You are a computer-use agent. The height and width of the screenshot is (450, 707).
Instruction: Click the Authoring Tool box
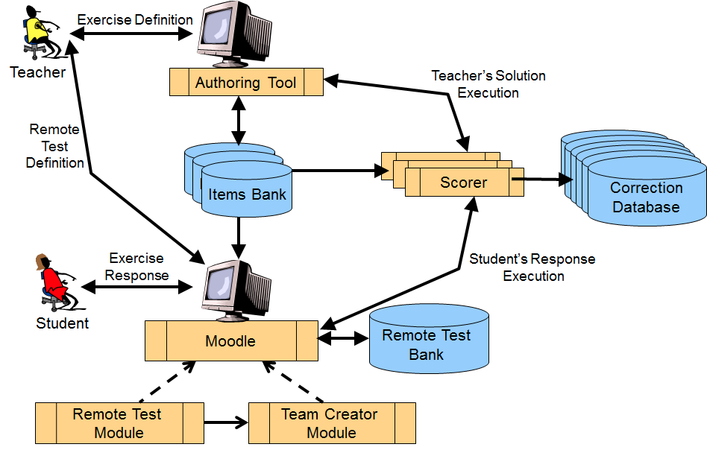click(x=246, y=83)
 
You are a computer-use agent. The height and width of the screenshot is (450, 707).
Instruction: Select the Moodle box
click(x=230, y=341)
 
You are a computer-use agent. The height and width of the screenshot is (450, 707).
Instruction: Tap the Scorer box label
click(x=463, y=183)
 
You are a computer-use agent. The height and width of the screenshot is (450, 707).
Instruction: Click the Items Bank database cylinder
click(x=247, y=194)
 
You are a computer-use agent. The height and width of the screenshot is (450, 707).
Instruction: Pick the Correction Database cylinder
click(x=646, y=197)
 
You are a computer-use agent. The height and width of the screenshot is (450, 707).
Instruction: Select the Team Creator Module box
click(x=331, y=423)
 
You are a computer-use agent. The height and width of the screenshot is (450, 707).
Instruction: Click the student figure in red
click(x=52, y=285)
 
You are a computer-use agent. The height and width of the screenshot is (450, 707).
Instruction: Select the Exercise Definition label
click(x=135, y=20)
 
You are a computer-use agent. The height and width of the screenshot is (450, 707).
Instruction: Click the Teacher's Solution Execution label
click(x=488, y=84)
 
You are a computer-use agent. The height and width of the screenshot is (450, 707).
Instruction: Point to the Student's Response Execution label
click(x=532, y=267)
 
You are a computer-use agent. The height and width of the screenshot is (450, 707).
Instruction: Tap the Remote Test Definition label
click(x=54, y=146)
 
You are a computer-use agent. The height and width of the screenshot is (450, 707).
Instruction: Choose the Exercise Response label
click(x=136, y=267)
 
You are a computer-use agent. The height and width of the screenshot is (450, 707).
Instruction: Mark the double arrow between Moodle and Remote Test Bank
click(x=344, y=338)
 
